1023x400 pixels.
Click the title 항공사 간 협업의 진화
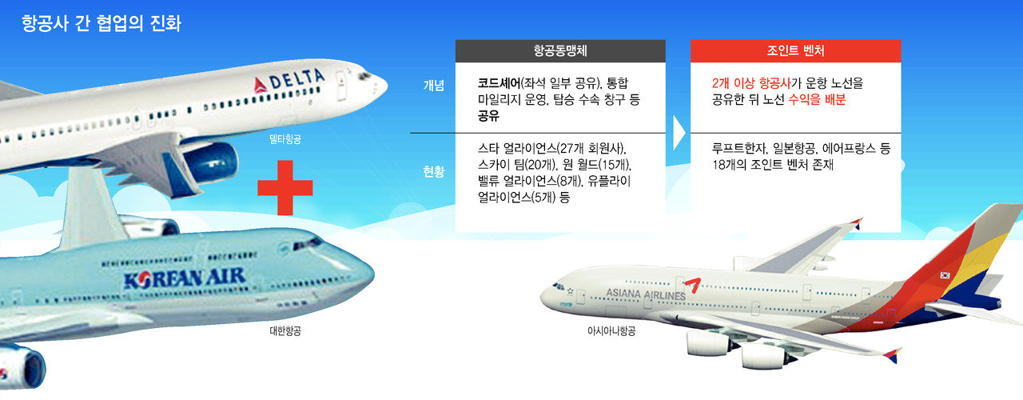click(x=102, y=23)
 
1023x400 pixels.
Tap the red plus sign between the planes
click(x=285, y=187)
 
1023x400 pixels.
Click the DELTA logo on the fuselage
click(x=289, y=81)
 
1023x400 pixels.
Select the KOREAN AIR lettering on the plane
click(x=185, y=278)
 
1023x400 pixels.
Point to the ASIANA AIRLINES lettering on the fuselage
click(x=646, y=294)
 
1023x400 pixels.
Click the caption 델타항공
click(x=285, y=139)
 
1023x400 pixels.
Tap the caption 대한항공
click(x=285, y=330)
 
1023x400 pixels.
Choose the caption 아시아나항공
click(x=611, y=330)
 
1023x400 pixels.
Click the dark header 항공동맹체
click(x=560, y=50)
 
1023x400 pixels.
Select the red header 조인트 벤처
click(x=795, y=50)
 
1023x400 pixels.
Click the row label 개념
click(x=433, y=86)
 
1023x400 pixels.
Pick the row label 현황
click(x=433, y=171)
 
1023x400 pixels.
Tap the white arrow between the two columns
click(x=679, y=133)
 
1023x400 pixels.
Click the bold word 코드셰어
click(x=500, y=83)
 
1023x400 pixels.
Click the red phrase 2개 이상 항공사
click(x=751, y=83)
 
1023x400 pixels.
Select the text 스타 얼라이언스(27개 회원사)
click(x=552, y=149)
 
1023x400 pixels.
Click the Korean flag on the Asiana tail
click(x=945, y=275)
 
